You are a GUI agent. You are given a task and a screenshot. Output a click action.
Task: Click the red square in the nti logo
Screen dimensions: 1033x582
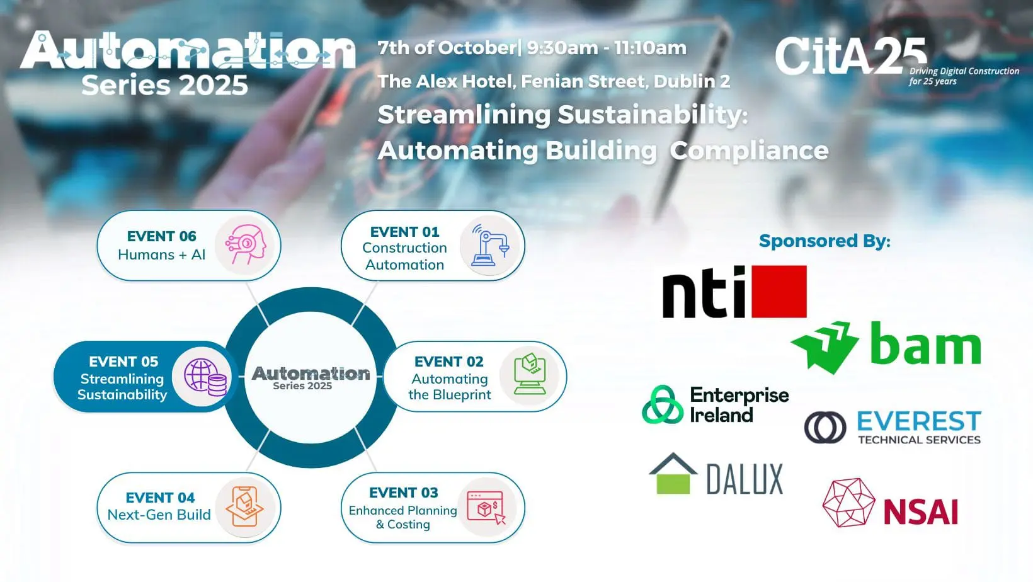coord(779,292)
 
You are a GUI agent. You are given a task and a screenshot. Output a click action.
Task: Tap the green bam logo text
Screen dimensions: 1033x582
coord(925,343)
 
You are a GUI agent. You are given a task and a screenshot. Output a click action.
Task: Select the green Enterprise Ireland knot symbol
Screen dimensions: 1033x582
coord(663,404)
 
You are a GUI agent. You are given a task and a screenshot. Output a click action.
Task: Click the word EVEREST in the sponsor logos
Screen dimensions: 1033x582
coord(919,421)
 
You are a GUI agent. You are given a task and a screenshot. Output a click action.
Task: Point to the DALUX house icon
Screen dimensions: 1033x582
coord(673,474)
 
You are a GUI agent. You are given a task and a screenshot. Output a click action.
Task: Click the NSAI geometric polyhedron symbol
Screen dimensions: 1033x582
coord(849,503)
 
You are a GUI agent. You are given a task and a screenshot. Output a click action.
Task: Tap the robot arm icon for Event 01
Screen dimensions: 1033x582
coord(490,245)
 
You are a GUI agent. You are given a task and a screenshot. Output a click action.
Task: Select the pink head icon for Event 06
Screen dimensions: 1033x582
coord(246,244)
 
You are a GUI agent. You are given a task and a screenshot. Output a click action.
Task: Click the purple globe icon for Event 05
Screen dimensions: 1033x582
coord(205,377)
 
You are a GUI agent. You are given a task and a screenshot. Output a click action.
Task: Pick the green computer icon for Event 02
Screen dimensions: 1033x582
coord(530,374)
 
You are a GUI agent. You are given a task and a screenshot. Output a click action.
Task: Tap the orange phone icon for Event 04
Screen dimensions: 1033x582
coord(244,506)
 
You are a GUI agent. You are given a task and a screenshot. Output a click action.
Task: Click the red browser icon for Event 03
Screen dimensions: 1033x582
coord(486,507)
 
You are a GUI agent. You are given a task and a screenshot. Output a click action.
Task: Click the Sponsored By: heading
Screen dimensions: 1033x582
coord(825,241)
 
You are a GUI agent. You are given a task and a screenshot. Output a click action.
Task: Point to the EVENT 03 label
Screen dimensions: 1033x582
coord(404,493)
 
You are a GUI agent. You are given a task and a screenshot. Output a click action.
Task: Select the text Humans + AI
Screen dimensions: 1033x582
coord(161,254)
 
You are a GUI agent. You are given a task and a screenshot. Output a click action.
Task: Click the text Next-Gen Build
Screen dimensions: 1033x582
coord(159,515)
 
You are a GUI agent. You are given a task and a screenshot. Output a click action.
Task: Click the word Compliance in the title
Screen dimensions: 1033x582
coord(749,151)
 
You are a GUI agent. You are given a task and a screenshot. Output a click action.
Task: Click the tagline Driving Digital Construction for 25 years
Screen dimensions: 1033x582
coord(964,76)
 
